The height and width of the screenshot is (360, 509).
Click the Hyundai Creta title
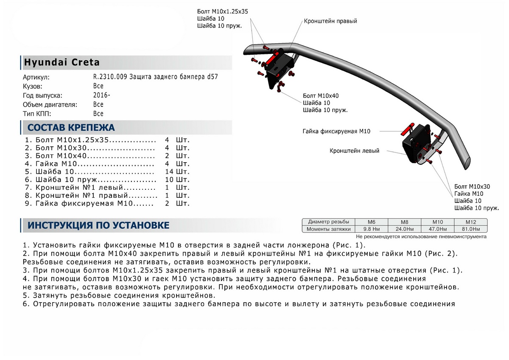62,62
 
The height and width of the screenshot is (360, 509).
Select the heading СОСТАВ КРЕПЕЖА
71,127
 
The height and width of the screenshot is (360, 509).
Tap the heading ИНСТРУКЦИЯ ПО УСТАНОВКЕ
98,225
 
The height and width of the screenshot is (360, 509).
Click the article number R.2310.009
110,77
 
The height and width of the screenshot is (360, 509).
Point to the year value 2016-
101,96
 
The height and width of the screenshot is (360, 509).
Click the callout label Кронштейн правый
330,21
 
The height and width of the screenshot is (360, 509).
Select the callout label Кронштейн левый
354,151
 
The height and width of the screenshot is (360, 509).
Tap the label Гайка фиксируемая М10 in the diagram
336,132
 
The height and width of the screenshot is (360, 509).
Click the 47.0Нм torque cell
437,229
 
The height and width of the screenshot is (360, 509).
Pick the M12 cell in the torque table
470,222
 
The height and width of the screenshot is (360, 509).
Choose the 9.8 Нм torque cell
371,229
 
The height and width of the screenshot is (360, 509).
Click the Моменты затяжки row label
329,229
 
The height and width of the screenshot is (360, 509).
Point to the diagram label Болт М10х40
321,96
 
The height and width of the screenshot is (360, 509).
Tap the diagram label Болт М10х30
472,186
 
